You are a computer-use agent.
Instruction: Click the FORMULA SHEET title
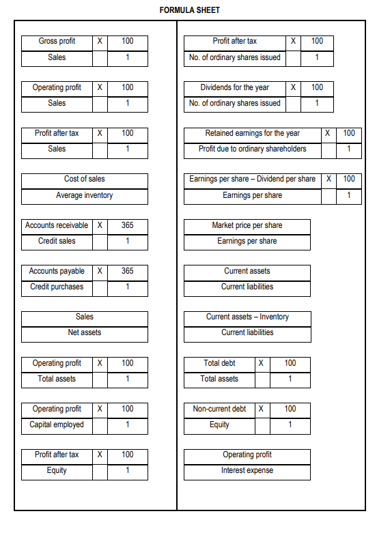189,10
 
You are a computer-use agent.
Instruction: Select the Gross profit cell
57,42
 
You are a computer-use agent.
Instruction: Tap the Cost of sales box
84,179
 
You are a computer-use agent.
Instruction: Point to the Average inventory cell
84,196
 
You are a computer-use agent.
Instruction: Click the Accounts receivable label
57,225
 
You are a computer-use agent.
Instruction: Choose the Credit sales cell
57,242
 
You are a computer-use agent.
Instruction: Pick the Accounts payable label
57,272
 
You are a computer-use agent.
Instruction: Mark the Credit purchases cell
57,287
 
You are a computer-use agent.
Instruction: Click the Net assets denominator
84,333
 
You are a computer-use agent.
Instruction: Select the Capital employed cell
57,425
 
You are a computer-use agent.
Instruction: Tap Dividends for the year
234,87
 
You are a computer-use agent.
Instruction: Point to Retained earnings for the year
252,133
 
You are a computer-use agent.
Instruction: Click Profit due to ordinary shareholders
252,149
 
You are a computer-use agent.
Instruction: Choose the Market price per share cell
247,225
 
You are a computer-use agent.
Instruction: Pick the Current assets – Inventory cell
247,317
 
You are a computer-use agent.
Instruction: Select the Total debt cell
219,363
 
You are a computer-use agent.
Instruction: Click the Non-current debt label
219,409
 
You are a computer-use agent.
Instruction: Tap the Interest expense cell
247,471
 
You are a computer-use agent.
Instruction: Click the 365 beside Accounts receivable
127,225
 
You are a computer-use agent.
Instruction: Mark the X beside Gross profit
100,42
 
